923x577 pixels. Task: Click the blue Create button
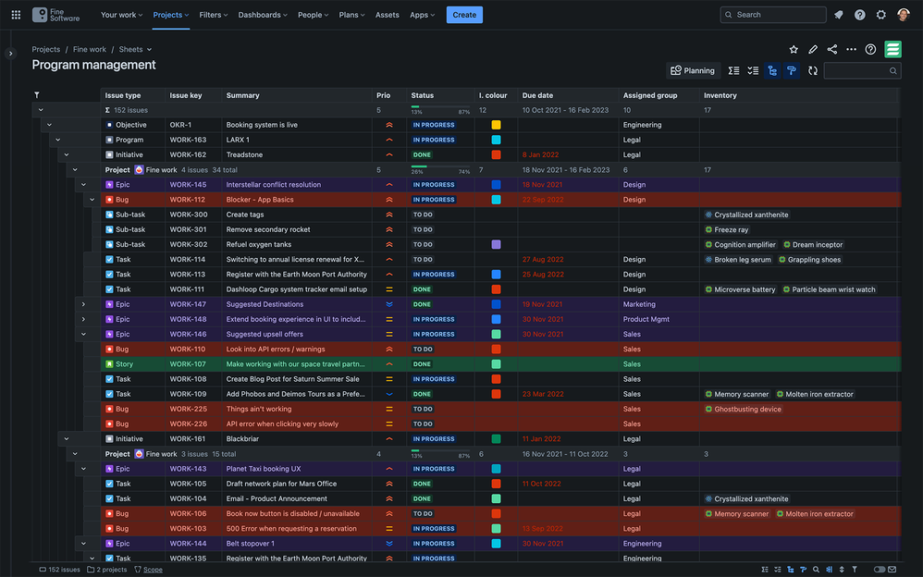coord(464,15)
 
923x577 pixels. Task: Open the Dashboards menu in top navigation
coord(262,15)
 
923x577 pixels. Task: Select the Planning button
coord(693,70)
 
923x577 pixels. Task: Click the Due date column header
coord(537,95)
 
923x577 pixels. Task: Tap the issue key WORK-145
coord(188,185)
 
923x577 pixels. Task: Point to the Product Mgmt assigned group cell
coord(646,319)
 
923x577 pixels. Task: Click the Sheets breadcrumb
coord(131,49)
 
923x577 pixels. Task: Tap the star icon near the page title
coord(794,49)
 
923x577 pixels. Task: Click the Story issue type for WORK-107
coord(124,364)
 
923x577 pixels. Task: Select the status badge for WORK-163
coord(433,141)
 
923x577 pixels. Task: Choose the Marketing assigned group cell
coord(639,304)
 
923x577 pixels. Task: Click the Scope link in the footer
coord(153,570)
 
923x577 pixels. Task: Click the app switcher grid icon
coord(16,15)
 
